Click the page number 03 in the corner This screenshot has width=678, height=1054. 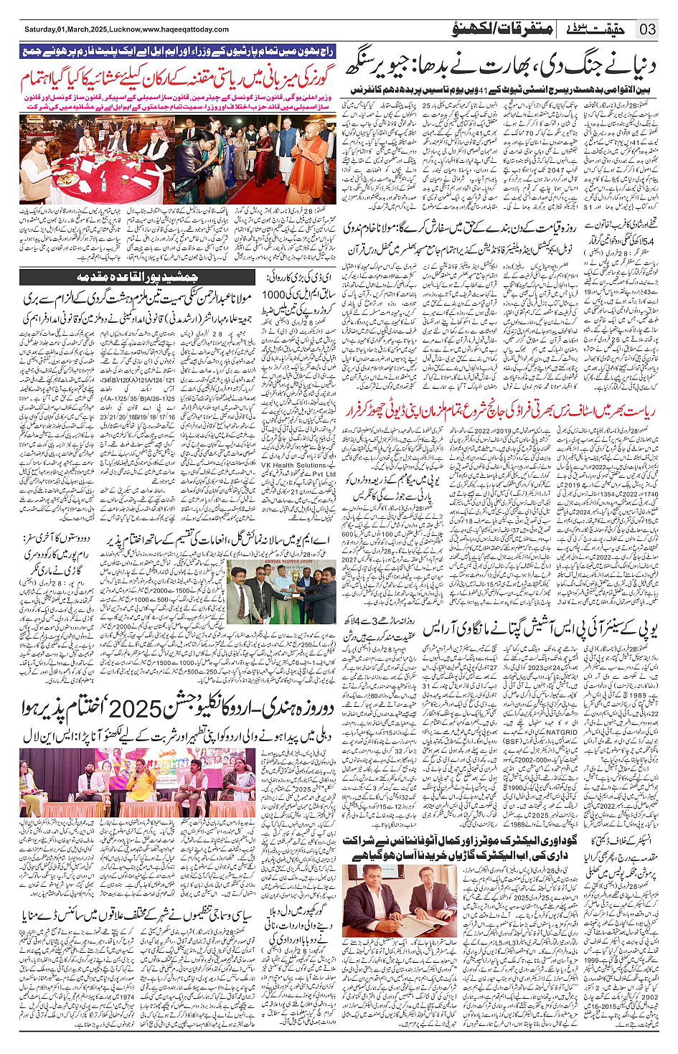point(648,29)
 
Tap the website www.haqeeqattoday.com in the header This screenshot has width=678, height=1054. point(186,29)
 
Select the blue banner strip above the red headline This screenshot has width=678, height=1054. point(177,52)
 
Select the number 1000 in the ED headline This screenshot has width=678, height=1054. point(274,294)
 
